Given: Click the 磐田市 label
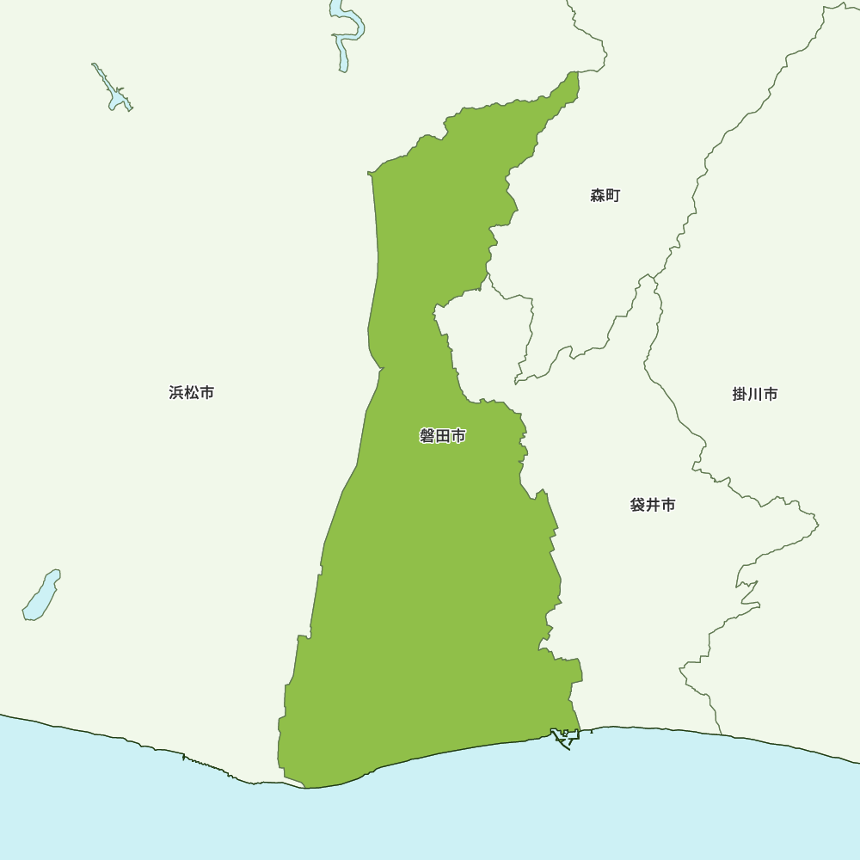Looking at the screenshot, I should tap(443, 437).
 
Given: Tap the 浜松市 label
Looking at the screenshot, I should tap(192, 393).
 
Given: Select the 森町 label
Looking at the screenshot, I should tap(605, 196).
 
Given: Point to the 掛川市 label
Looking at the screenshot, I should tap(755, 394).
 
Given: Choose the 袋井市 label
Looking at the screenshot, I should tap(653, 505).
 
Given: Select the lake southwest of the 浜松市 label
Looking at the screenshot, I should tap(40, 595).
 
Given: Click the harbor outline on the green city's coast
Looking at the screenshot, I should tap(565, 737).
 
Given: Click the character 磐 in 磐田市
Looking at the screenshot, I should tap(427, 437).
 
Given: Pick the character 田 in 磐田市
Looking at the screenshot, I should tap(443, 437).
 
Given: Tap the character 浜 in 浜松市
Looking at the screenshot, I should tap(176, 393).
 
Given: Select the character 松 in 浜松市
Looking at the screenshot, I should tap(192, 393).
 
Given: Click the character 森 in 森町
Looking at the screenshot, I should tap(598, 196).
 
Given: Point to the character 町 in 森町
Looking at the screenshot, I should tap(613, 196).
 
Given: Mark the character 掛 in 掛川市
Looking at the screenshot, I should tap(740, 394).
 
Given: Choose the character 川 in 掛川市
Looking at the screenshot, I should tap(755, 394).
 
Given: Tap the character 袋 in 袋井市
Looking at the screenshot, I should tap(637, 505).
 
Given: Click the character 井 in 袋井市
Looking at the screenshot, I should tap(653, 505).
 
